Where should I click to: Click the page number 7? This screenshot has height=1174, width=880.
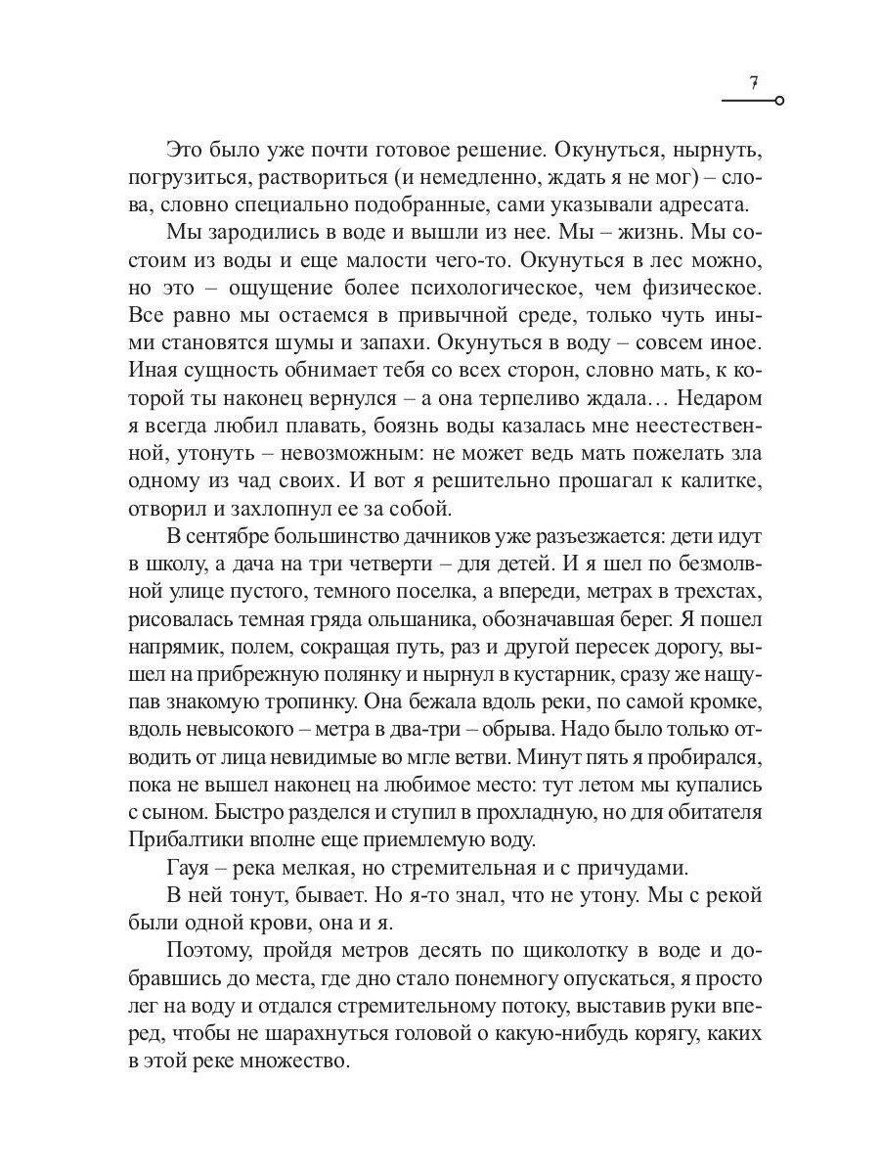click(754, 83)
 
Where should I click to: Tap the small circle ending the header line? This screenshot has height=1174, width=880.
click(778, 101)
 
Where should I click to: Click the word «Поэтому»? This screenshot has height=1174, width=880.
click(210, 951)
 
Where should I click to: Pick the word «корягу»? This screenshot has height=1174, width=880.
click(622, 1033)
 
